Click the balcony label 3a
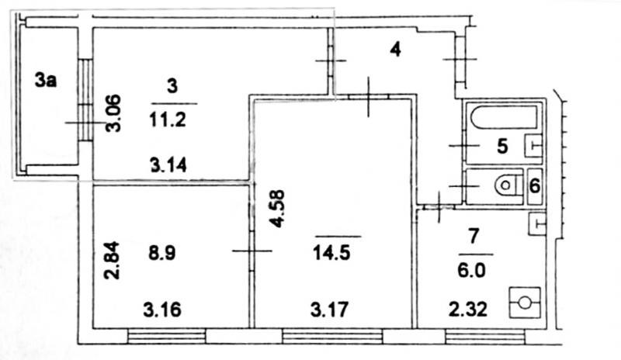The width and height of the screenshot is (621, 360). point(46,80)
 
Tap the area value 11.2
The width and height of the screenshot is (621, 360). point(168,119)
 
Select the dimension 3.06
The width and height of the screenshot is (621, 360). point(114,113)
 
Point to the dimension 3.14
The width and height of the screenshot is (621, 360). point(168,164)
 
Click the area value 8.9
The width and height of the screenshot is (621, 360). point(162,253)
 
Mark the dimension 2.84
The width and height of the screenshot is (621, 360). point(112,260)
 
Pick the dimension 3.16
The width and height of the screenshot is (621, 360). point(162,310)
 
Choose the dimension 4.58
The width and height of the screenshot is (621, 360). point(277,209)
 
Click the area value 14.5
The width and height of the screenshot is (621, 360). point(331,253)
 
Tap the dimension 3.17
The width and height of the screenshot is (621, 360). point(329,310)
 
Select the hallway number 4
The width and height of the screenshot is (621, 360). point(395,50)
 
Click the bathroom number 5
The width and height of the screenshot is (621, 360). point(502,146)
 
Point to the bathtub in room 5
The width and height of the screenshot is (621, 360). point(504,116)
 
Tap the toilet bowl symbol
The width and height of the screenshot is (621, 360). point(509,185)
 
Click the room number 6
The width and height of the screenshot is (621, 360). point(535,185)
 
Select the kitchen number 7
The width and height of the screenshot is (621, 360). point(474,236)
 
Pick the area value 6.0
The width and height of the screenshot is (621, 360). point(471,272)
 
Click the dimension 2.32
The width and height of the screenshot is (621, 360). point(468,310)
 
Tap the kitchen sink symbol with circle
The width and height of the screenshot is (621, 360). point(526,303)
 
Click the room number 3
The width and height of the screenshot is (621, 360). point(172,86)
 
